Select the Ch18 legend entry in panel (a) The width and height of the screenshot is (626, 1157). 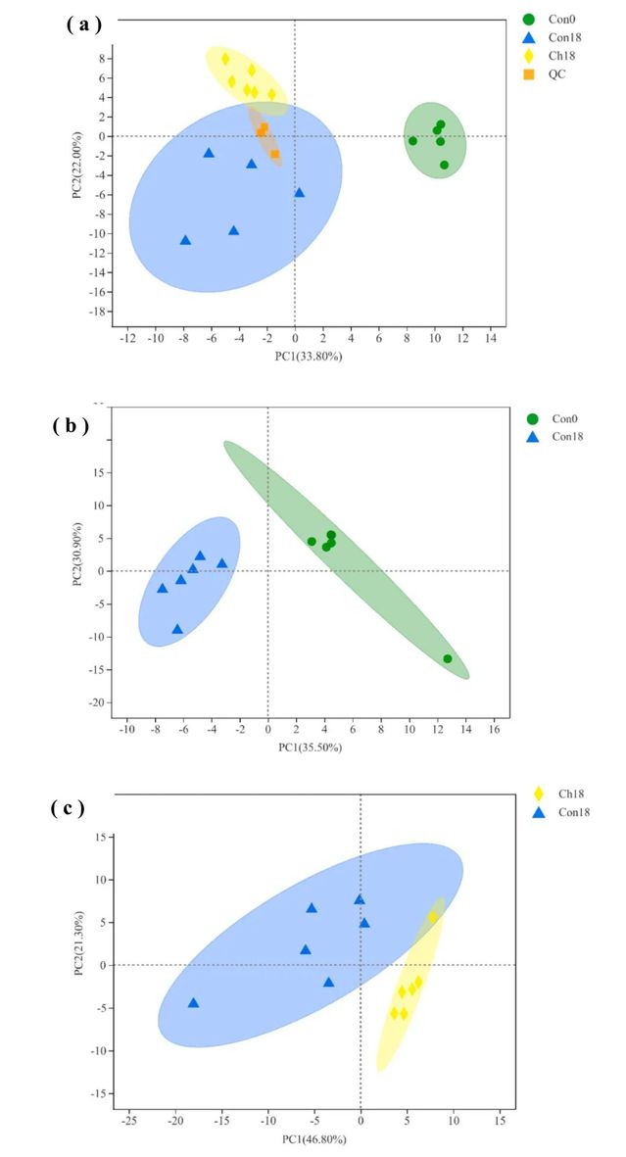pos(554,55)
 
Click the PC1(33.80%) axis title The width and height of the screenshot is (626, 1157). pos(309,356)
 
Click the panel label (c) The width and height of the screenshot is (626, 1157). pos(69,808)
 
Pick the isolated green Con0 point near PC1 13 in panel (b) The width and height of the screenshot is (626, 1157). pos(448,658)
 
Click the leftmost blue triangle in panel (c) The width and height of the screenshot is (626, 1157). pos(193,1002)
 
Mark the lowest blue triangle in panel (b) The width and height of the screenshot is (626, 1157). pos(177,629)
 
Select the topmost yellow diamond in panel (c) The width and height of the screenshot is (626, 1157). pos(432,917)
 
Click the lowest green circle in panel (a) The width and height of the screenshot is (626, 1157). pos(444,165)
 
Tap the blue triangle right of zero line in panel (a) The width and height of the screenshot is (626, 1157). pos(299,192)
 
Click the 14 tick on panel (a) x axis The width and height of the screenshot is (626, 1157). pos(491,338)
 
